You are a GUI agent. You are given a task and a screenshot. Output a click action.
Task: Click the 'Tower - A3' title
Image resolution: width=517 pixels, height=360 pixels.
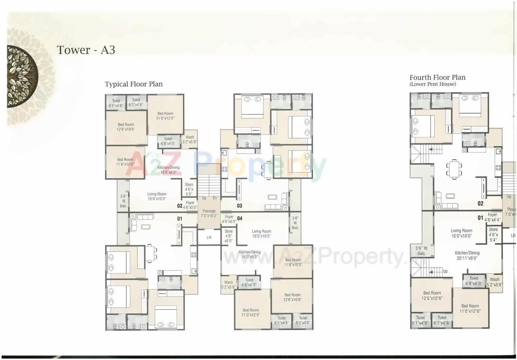pyautogui.click(x=86, y=50)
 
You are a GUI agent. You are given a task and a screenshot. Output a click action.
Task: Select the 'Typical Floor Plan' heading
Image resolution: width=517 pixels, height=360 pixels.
pyautogui.click(x=134, y=84)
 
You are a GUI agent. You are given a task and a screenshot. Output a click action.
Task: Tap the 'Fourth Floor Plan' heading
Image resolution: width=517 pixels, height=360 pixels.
pyautogui.click(x=437, y=77)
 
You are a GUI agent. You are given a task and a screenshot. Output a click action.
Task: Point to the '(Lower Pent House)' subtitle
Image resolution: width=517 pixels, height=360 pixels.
pyautogui.click(x=433, y=84)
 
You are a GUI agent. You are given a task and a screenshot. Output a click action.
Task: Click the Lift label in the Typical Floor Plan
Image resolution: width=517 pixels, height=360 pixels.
pyautogui.click(x=209, y=238)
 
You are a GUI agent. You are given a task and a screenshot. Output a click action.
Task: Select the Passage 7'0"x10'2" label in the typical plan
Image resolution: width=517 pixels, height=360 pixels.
pyautogui.click(x=209, y=214)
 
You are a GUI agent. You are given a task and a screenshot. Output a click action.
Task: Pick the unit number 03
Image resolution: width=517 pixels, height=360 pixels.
pyautogui.click(x=240, y=206)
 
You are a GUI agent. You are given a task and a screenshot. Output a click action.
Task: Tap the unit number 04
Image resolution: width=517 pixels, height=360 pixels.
pyautogui.click(x=240, y=219)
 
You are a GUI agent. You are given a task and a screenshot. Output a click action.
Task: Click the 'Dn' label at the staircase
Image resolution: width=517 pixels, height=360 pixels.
pyautogui.click(x=215, y=198)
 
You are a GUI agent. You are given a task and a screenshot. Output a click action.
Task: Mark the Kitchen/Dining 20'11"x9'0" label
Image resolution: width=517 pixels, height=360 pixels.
pyautogui.click(x=467, y=256)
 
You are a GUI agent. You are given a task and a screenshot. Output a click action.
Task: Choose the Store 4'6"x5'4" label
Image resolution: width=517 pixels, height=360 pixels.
pyautogui.click(x=494, y=235)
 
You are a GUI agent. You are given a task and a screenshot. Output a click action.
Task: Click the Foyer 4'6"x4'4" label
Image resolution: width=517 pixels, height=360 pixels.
pyautogui.click(x=492, y=217)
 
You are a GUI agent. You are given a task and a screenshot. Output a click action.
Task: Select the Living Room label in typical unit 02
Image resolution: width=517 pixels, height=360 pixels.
pyautogui.click(x=157, y=196)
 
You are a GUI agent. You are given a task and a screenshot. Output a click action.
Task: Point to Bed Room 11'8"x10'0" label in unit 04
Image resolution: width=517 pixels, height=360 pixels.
pyautogui.click(x=293, y=263)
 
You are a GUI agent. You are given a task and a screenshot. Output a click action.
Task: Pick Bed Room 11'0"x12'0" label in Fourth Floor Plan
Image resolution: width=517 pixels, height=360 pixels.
pyautogui.click(x=470, y=309)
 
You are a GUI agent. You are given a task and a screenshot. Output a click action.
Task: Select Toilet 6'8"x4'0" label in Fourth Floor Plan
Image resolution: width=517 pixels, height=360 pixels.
pyautogui.click(x=474, y=281)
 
